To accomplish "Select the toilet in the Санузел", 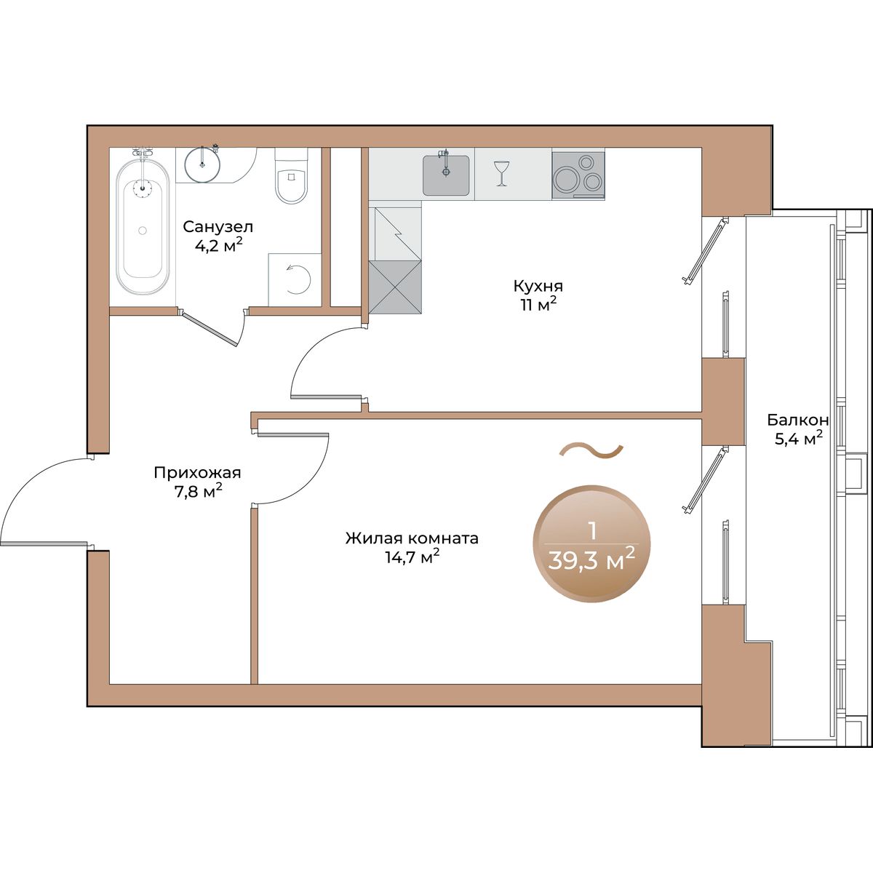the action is click(x=291, y=177).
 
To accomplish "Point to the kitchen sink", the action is click(x=446, y=175).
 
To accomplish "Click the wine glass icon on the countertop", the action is click(x=501, y=172).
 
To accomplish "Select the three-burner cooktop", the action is click(x=578, y=175).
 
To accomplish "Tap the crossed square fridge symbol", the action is click(x=396, y=287).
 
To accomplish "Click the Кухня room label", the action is click(x=538, y=286).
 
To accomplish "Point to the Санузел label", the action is click(x=218, y=226).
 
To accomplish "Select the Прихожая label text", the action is click(x=198, y=473).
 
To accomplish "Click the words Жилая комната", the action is click(x=412, y=538).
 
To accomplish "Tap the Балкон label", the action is click(x=798, y=420).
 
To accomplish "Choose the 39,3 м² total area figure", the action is click(x=591, y=562).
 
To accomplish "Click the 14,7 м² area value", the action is click(x=412, y=557).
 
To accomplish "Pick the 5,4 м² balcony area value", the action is click(x=798, y=439).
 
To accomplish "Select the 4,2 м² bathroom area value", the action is click(x=219, y=245).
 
